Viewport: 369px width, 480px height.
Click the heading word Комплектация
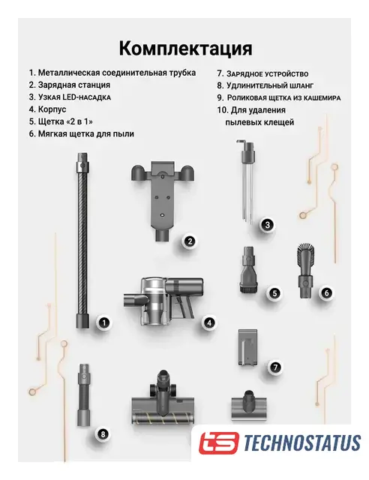point(185,49)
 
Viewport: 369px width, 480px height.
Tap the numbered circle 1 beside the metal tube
point(104,322)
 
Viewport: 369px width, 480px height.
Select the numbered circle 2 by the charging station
point(190,241)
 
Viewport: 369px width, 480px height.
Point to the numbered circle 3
point(267,225)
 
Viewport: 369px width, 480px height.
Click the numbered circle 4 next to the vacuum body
point(209,322)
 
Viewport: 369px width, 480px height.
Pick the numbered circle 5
point(274,293)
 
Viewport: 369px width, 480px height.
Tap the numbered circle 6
point(326,292)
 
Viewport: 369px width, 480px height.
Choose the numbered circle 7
point(275,367)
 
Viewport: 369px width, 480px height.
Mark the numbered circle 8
point(103,433)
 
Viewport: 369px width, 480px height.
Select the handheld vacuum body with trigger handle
point(163,301)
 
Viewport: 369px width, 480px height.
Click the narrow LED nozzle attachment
point(248,181)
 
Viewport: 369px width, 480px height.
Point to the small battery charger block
point(247,347)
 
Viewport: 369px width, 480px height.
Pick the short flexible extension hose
point(83,395)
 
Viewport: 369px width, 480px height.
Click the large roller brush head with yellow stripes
point(163,398)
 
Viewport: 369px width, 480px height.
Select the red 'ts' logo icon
point(219,442)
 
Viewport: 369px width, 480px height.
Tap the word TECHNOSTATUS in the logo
point(302,442)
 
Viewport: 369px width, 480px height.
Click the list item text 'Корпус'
point(52,109)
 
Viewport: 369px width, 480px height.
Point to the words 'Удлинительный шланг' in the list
point(270,85)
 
